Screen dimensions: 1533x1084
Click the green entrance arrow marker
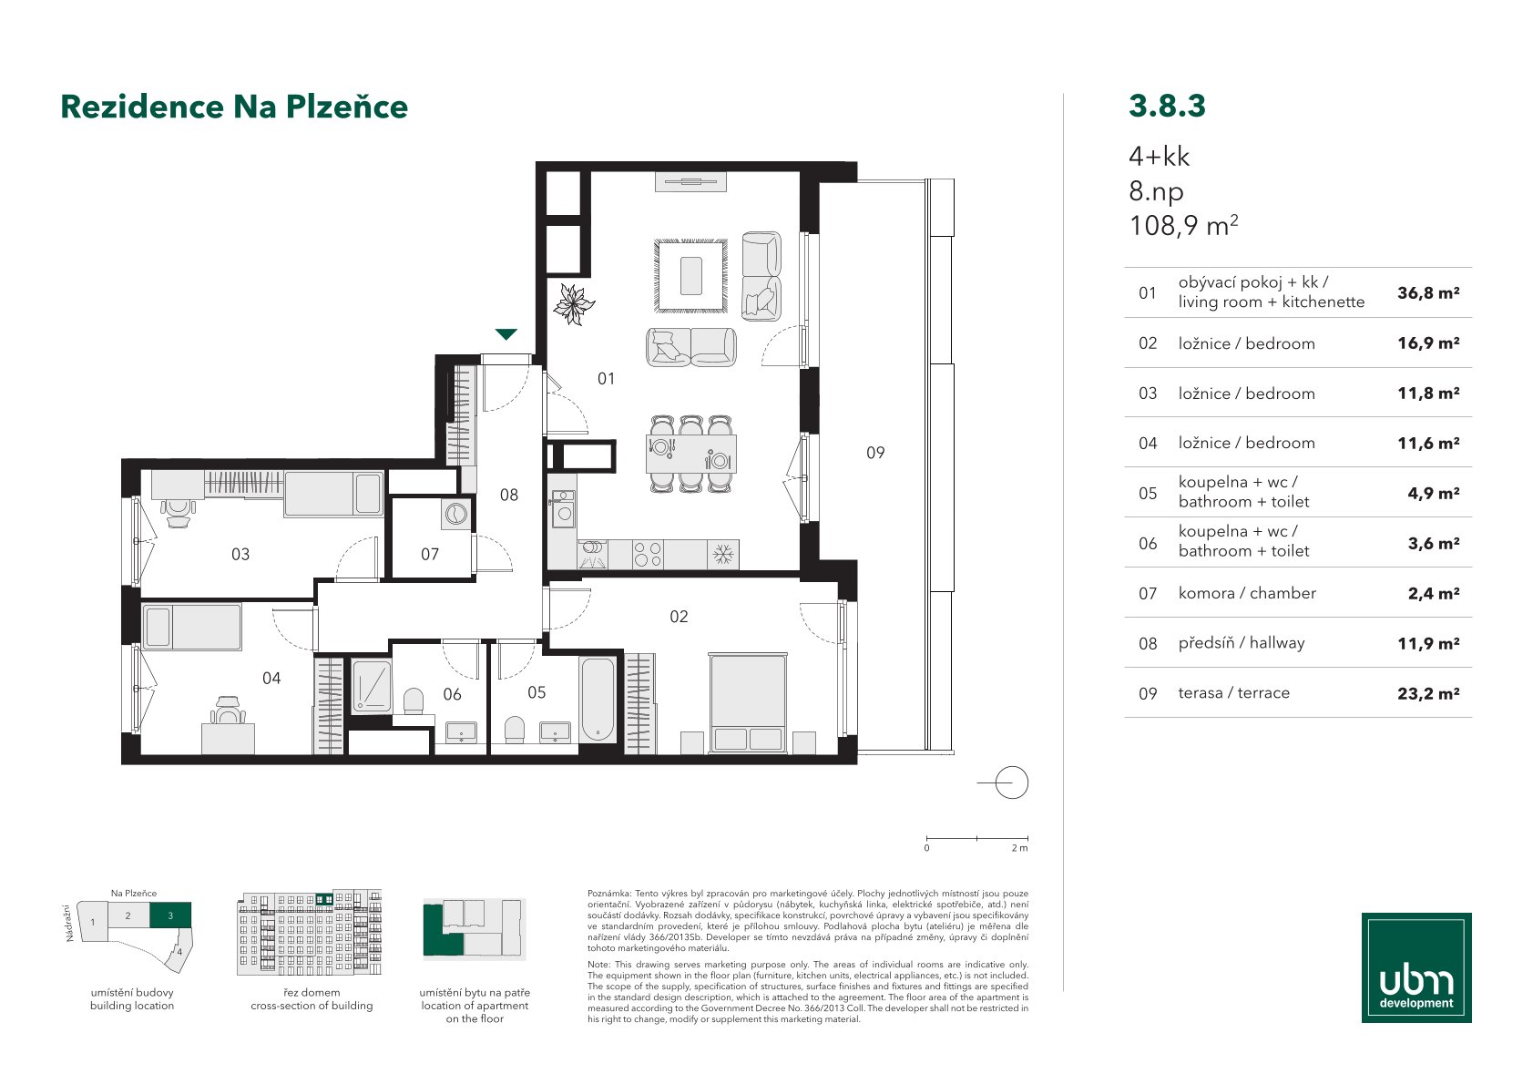click(506, 334)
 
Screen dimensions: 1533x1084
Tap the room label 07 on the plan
click(430, 555)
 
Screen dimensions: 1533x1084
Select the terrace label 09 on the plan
click(875, 453)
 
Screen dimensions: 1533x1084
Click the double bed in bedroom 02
click(748, 703)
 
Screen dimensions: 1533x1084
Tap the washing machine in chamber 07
click(455, 514)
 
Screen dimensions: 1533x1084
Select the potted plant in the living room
click(574, 304)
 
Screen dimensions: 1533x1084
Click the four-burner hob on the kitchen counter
click(648, 555)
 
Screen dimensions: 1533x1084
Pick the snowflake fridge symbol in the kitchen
click(722, 555)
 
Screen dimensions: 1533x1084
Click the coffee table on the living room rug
click(691, 276)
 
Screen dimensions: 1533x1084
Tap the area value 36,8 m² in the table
click(1428, 293)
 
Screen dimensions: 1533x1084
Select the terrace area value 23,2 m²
click(1428, 693)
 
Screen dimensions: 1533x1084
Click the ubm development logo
click(1416, 967)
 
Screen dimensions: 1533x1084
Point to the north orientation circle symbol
click(1011, 782)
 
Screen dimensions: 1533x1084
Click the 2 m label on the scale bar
click(1019, 848)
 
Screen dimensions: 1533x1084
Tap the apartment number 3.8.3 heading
click(1167, 106)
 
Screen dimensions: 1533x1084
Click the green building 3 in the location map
click(170, 915)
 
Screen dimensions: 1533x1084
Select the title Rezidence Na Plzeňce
click(234, 107)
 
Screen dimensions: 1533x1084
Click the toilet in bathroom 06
click(414, 701)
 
